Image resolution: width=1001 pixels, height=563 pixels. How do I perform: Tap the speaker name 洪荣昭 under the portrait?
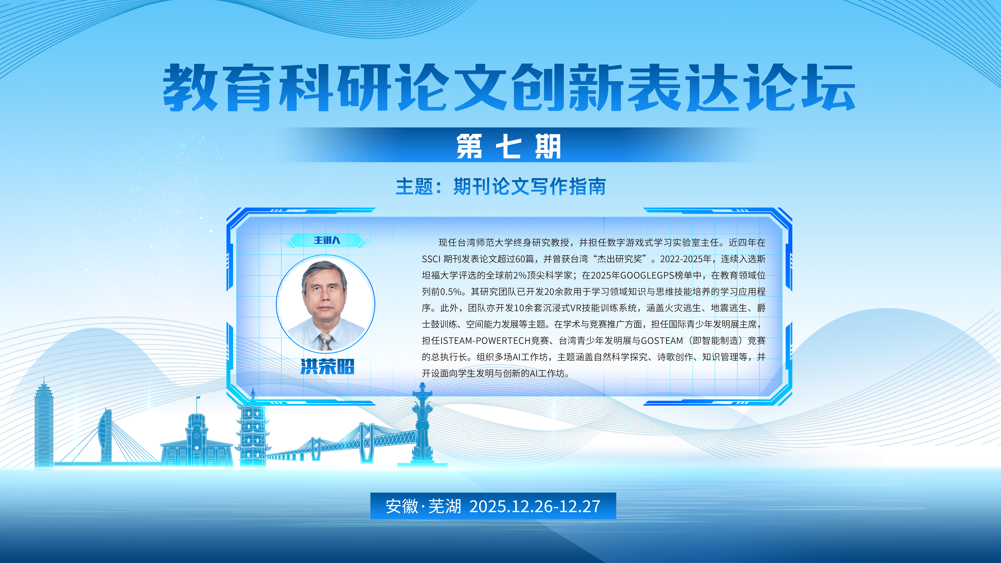(327, 366)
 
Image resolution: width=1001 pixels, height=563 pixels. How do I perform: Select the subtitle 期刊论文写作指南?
(529, 187)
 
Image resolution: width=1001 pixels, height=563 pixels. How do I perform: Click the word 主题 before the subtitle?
(414, 187)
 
